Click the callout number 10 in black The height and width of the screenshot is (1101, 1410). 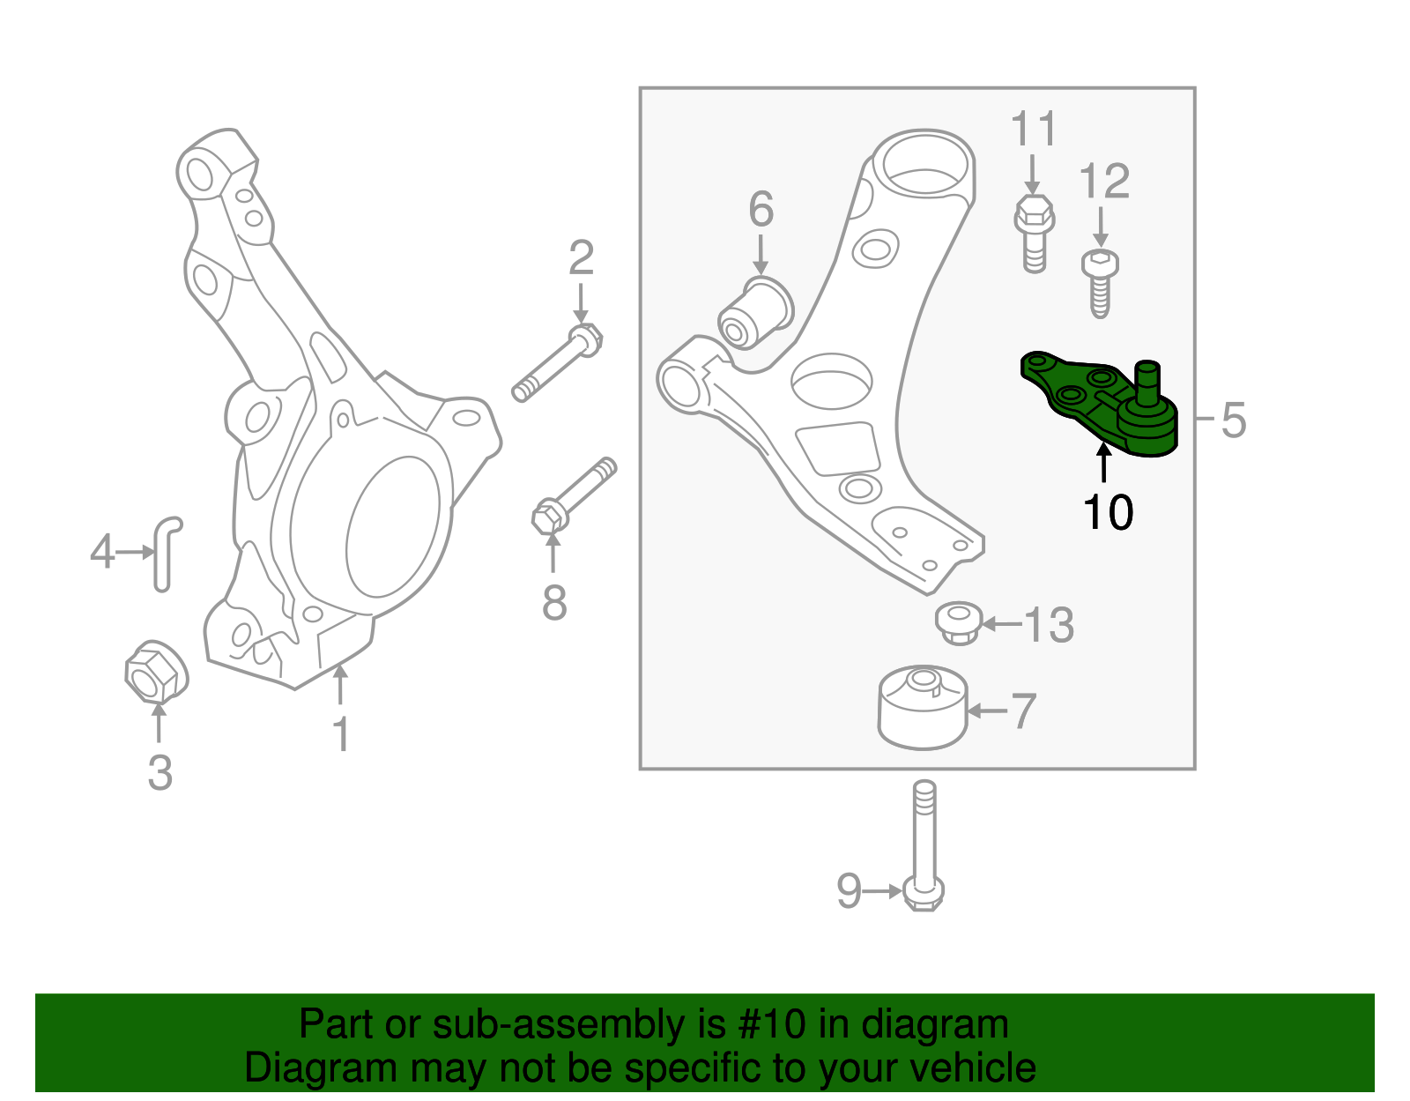click(1108, 512)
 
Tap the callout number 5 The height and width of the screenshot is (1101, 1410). click(1234, 420)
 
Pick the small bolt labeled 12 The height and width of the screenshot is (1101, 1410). click(1099, 280)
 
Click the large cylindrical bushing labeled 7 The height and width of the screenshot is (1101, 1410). click(923, 707)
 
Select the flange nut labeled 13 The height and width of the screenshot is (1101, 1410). click(959, 622)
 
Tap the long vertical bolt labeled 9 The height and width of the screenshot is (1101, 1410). click(924, 846)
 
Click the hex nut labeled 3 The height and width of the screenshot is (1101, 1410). click(156, 673)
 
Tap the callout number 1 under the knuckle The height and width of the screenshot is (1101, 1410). click(341, 734)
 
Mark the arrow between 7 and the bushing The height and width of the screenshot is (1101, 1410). click(987, 710)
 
